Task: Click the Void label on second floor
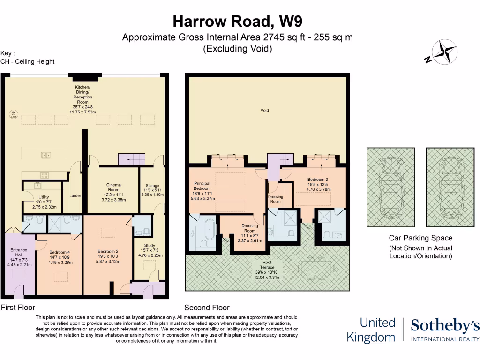(267, 111)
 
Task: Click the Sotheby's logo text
(445, 326)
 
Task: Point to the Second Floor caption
(207, 308)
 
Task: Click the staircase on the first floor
(131, 159)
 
